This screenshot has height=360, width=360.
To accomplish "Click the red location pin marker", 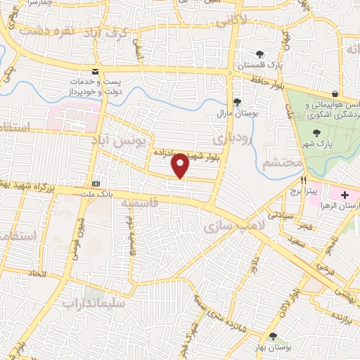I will (181, 165).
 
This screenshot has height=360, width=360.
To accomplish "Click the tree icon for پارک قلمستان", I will (260, 54).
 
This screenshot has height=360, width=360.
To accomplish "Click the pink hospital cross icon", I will (345, 194).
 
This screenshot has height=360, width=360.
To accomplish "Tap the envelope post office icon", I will (95, 72).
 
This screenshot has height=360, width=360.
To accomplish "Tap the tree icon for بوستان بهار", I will (273, 336).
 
